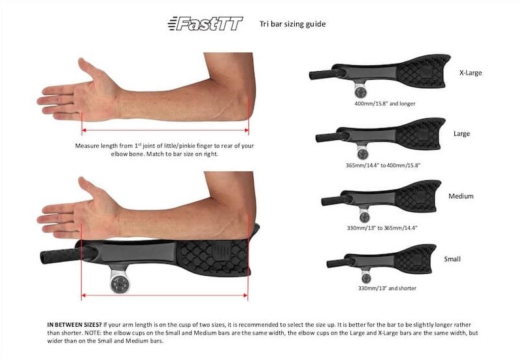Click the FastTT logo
[x=205, y=24]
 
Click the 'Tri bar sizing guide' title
[x=292, y=24]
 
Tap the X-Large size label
[x=471, y=73]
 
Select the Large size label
[x=462, y=133]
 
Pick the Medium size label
[x=461, y=196]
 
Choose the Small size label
[x=452, y=259]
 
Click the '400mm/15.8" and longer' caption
[x=385, y=104]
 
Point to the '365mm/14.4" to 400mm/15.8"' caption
[x=383, y=165]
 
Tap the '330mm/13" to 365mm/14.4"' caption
[x=382, y=228]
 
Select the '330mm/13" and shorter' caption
[x=387, y=288]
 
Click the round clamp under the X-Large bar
[x=360, y=90]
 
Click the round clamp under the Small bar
[x=366, y=278]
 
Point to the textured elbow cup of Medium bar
[x=417, y=196]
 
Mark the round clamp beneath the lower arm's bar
[x=120, y=284]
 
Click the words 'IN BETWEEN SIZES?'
[x=75, y=325]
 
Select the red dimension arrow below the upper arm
[x=165, y=130]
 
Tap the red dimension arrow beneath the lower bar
[x=165, y=295]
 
